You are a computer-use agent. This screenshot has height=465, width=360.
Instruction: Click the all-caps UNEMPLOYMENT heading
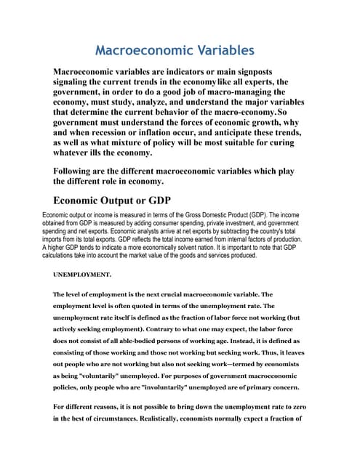(82, 275)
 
